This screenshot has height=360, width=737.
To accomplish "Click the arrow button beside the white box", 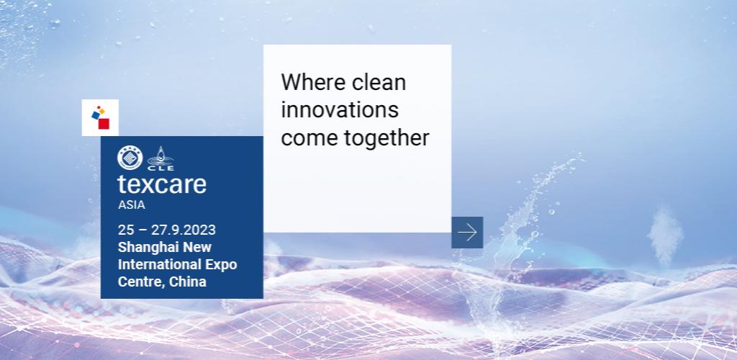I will [x=467, y=232].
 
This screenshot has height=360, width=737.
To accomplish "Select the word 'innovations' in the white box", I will [x=339, y=110].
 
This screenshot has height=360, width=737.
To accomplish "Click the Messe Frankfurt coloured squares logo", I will [x=100, y=117].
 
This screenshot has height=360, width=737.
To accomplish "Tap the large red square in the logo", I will [x=104, y=124].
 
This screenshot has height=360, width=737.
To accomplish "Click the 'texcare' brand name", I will [x=162, y=184].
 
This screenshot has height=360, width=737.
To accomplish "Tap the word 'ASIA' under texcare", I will [x=132, y=204].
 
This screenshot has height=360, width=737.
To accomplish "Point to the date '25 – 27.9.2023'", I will [x=167, y=230].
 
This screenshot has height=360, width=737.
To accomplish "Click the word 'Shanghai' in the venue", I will [x=147, y=248].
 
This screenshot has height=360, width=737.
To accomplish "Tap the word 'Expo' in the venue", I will [x=220, y=265].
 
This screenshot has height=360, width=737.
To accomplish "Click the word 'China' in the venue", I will [x=189, y=282].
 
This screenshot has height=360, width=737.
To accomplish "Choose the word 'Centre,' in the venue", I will [x=142, y=282].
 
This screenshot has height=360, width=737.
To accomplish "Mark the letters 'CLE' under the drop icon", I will [x=161, y=168].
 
